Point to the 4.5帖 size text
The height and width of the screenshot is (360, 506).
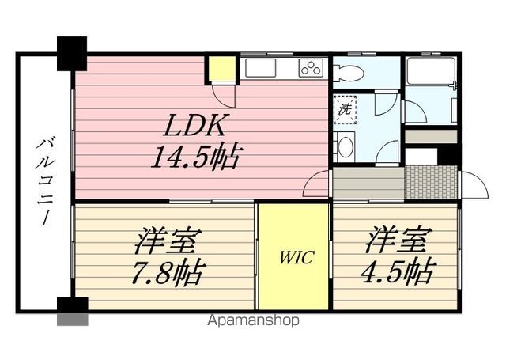pos(397,271)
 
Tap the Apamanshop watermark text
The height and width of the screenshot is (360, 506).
pos(252,321)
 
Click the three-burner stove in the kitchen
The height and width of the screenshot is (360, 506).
pos(312,68)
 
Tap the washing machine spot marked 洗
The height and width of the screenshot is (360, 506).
pos(345,109)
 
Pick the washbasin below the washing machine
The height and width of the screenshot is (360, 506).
pos(345,146)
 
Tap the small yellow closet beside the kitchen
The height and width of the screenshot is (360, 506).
pos(222,70)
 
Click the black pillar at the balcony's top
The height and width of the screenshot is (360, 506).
pos(72,53)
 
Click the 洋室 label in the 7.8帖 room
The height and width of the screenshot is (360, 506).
pos(167,240)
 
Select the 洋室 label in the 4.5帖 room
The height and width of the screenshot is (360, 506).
pos(398,240)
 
